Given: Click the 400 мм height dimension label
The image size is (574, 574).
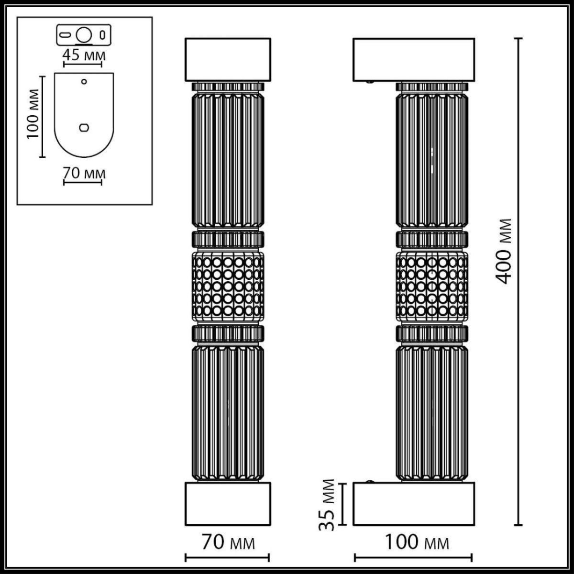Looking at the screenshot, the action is point(503,252).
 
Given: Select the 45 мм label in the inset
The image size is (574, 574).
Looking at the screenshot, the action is point(84,55).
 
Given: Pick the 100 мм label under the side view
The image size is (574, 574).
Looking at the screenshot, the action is point(417,543).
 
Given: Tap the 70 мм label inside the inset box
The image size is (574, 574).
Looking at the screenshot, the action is point(84,173).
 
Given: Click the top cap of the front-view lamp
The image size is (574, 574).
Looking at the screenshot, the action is point(228,60).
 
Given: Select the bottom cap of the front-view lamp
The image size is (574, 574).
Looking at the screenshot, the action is point(228,504).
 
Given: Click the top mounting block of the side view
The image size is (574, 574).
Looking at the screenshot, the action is point(414,60).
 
